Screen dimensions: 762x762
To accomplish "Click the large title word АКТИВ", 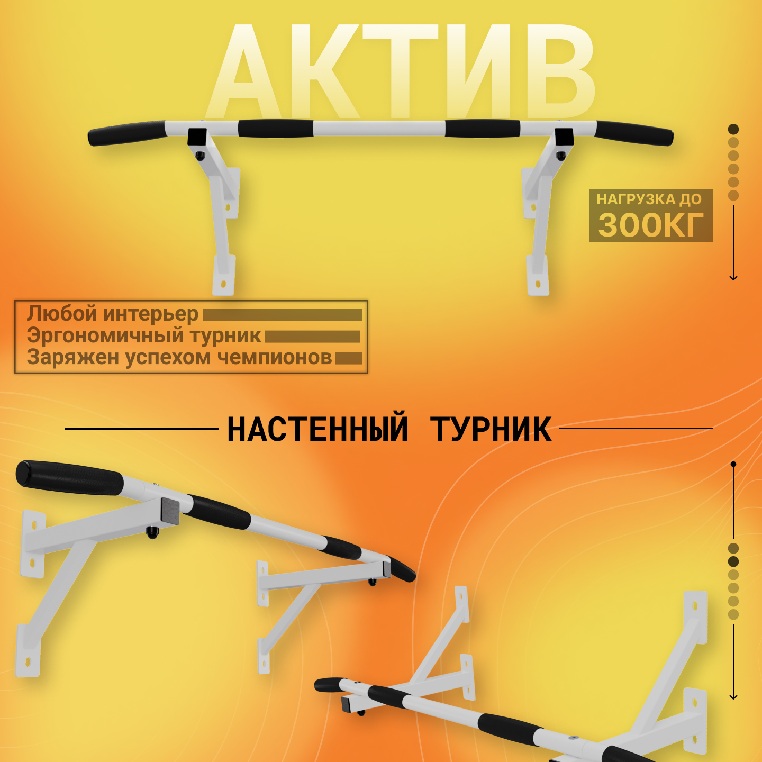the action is tap(400, 72).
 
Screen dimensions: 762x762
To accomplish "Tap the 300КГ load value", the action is tap(651, 225).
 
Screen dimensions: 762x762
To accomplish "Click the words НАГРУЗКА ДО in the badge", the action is tap(649, 199).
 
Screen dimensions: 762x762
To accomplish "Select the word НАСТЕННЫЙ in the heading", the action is tap(317, 429).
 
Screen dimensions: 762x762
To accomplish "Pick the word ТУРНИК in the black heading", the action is tap(491, 429).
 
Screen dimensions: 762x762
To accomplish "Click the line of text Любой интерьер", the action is tap(113, 314).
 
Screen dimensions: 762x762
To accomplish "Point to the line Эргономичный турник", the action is tap(144, 335).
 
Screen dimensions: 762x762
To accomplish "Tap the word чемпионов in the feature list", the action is tap(275, 358).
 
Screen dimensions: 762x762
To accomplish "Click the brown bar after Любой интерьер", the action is tap(282, 315).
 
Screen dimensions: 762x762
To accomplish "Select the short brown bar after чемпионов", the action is tap(348, 358).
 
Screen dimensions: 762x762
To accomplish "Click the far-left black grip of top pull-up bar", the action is tap(126, 133).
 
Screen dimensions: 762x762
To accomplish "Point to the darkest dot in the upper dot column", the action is tap(733, 129).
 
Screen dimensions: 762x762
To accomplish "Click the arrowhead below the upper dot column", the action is tap(733, 278).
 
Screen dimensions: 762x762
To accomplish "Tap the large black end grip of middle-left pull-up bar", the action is tap(70, 477).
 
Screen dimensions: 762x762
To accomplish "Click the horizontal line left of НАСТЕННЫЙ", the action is tap(142, 429).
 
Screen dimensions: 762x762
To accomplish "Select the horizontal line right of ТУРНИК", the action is tap(636, 428).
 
